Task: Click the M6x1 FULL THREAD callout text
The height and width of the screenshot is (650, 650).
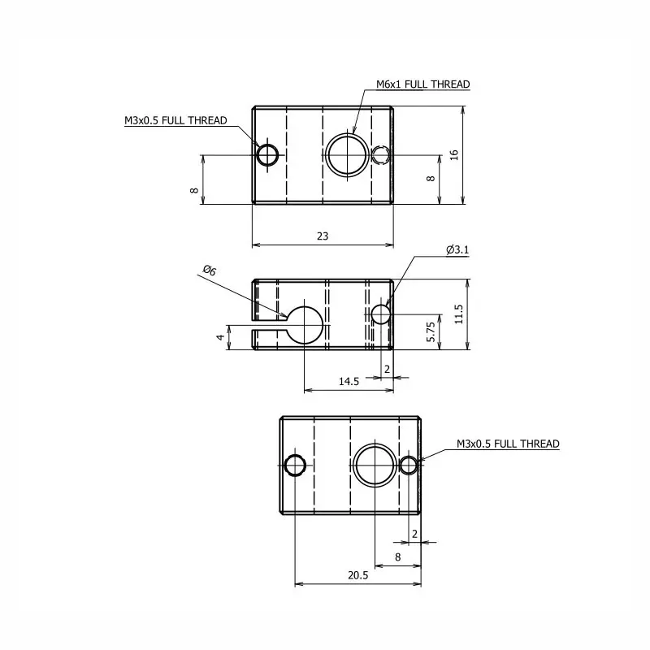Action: pyautogui.click(x=422, y=84)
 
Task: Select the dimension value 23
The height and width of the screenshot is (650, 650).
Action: pyautogui.click(x=323, y=236)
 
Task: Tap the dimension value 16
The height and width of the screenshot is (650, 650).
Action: pyautogui.click(x=454, y=155)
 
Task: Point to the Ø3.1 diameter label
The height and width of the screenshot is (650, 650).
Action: pyautogui.click(x=457, y=249)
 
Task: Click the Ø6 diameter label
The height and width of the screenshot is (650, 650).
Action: pyautogui.click(x=210, y=271)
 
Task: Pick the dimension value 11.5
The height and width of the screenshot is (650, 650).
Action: pyautogui.click(x=458, y=314)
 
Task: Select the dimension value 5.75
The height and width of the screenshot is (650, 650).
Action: pyautogui.click(x=431, y=331)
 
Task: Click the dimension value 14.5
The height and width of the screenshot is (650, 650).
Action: pyautogui.click(x=349, y=381)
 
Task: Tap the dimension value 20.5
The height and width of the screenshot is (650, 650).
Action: pyautogui.click(x=358, y=575)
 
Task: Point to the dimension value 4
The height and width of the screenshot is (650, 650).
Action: pyautogui.click(x=220, y=337)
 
